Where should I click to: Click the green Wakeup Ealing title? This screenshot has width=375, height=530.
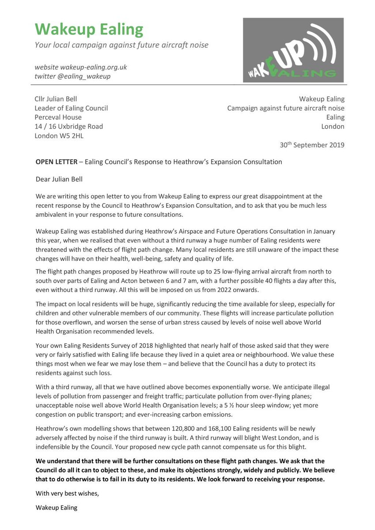[x=89, y=29]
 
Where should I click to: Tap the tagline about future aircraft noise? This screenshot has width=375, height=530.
[x=121, y=45]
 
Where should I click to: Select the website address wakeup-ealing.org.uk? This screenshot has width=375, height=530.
[x=81, y=67]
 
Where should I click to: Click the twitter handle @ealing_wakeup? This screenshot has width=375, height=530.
[x=72, y=76]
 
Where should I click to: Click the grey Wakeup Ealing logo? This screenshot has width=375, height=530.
[x=293, y=50]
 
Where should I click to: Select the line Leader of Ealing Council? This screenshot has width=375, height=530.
[x=71, y=108]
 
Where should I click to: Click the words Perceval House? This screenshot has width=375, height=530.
[x=58, y=117]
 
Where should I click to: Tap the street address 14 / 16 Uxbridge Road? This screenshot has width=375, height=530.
[x=69, y=127]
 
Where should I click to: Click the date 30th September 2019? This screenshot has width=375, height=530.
[x=312, y=145]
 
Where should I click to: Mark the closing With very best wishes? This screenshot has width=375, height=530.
[x=67, y=494]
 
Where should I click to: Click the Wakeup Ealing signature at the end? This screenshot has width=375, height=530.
[x=56, y=507]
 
